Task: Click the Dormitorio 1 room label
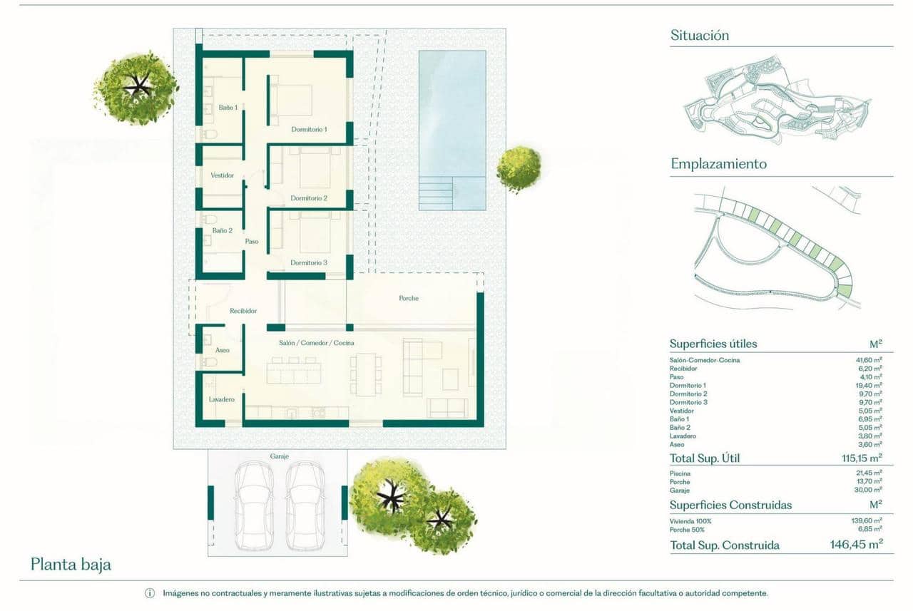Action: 309,130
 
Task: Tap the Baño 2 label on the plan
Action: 223,231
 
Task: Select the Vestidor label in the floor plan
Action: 223,175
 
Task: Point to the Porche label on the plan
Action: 409,298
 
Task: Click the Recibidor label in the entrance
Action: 243,311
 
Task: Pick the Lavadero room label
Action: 222,399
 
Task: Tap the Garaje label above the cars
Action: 280,456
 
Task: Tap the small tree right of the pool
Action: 519,168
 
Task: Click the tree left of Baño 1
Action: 136,87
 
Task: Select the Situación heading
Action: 700,35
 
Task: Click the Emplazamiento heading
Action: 718,164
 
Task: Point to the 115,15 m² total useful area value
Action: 862,458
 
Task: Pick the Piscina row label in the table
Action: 680,473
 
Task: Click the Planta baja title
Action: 71,565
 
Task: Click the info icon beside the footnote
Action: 150,593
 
